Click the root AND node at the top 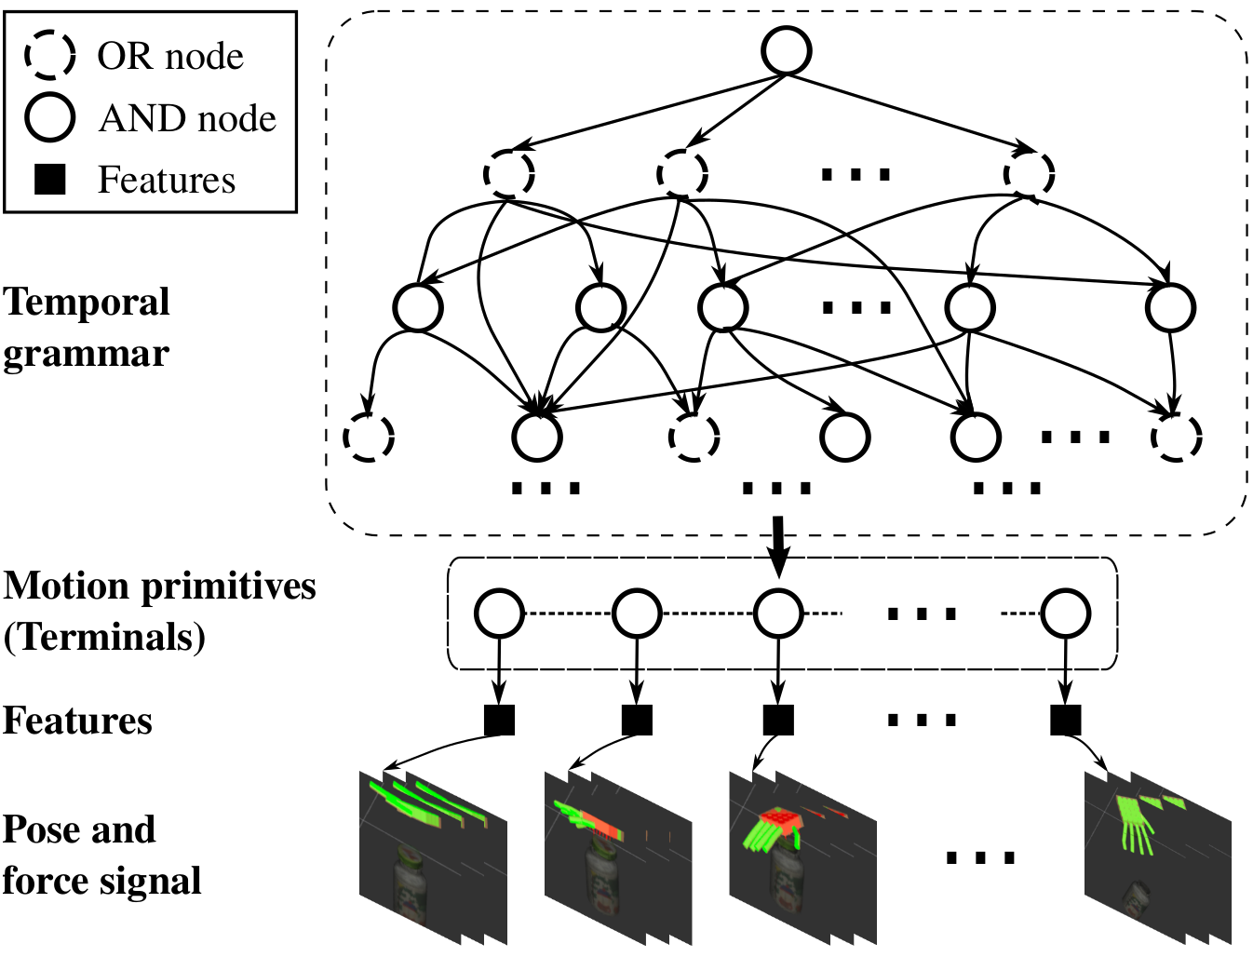[x=787, y=50]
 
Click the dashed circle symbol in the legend [x=49, y=55]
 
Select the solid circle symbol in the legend [x=49, y=117]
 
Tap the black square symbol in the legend [x=49, y=179]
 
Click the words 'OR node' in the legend [x=170, y=56]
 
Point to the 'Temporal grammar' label [x=86, y=327]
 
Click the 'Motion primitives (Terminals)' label [x=158, y=611]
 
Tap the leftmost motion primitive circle [x=499, y=613]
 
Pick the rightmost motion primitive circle [x=1066, y=613]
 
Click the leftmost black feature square [x=499, y=720]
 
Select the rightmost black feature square [x=1066, y=720]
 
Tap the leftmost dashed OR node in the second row [x=509, y=173]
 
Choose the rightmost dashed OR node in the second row [x=1029, y=173]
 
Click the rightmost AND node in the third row [x=1170, y=307]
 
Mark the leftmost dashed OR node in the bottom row [x=370, y=436]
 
